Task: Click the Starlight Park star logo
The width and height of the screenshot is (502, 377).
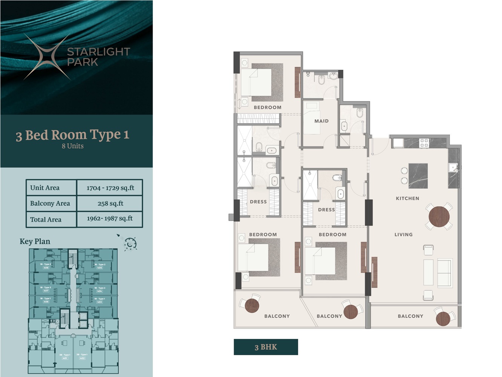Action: click(47, 57)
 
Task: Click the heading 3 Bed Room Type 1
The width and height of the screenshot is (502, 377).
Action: click(72, 135)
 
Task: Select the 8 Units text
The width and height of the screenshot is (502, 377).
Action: click(73, 146)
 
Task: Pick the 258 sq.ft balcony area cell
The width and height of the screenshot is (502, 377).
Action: click(110, 204)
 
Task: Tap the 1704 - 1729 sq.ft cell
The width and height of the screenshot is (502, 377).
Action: click(110, 188)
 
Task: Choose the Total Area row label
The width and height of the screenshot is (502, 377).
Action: click(46, 219)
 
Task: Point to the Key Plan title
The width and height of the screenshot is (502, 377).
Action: click(35, 242)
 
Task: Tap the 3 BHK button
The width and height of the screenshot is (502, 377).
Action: click(266, 347)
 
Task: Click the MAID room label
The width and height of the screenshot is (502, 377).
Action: click(321, 121)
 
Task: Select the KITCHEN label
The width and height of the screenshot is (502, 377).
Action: click(407, 198)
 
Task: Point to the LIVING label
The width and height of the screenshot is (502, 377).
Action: click(403, 234)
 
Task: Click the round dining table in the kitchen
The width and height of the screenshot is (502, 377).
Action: click(439, 216)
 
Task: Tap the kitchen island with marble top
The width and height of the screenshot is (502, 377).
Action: click(418, 176)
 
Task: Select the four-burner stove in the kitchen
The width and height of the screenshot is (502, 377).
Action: click(424, 143)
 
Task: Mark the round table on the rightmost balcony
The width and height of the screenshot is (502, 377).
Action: click(443, 319)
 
